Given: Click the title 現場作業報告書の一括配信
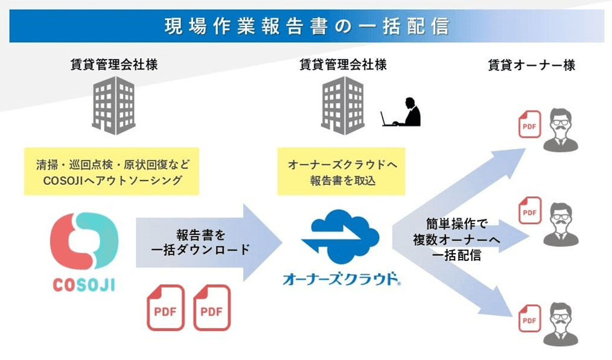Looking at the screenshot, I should click(x=306, y=27).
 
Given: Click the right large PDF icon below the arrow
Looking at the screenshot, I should click(x=212, y=307).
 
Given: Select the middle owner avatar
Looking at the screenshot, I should click(x=561, y=223).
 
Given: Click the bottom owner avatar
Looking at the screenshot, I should click(x=561, y=323).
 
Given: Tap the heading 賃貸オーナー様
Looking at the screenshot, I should click(x=531, y=66).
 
